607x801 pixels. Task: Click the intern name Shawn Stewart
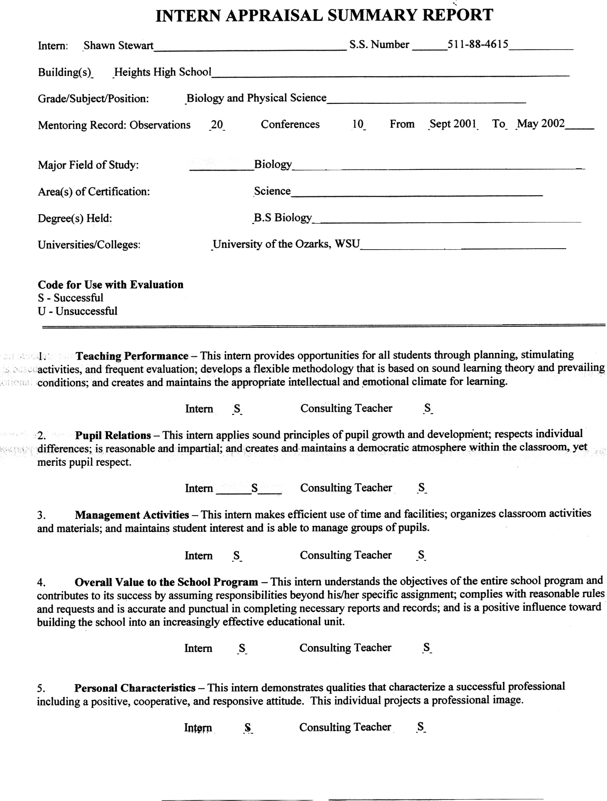pos(118,46)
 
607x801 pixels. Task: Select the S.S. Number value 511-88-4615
pos(478,44)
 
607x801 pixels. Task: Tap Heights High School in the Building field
pos(163,72)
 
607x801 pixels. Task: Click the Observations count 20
pos(217,125)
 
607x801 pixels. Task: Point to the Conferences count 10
pos(358,124)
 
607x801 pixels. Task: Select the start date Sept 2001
pos(453,124)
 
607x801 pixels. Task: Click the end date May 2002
pos(541,123)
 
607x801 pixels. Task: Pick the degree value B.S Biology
pos(282,218)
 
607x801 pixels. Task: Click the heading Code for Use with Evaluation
pos(111,285)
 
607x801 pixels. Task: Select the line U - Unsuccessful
pos(77,311)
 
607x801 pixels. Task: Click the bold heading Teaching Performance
pos(132,356)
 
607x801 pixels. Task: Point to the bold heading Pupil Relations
pos(113,435)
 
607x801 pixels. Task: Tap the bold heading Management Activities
pos(132,515)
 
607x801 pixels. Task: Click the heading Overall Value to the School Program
pos(166,582)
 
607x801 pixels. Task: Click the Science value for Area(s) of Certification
pos(272,191)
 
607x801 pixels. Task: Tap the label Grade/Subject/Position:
pos(93,98)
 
